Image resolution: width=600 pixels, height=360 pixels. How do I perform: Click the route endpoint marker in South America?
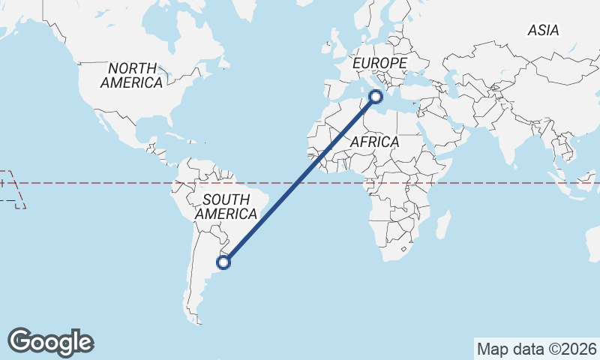pos(223,262)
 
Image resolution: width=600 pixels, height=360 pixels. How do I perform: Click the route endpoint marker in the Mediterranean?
pos(376,96)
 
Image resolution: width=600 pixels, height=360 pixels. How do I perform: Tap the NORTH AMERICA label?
pos(131,75)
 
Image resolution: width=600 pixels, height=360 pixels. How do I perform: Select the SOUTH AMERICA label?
pos(226,206)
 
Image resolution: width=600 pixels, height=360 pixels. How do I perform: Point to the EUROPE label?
pos(379,63)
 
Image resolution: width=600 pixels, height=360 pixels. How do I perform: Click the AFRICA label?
pos(374,142)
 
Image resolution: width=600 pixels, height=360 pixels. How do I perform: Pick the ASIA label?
pos(543,31)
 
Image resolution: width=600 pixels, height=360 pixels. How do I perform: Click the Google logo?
pos(50,341)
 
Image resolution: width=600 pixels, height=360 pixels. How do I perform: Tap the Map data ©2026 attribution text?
pos(536,349)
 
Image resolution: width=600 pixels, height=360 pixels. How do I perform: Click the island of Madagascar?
pos(443,224)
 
